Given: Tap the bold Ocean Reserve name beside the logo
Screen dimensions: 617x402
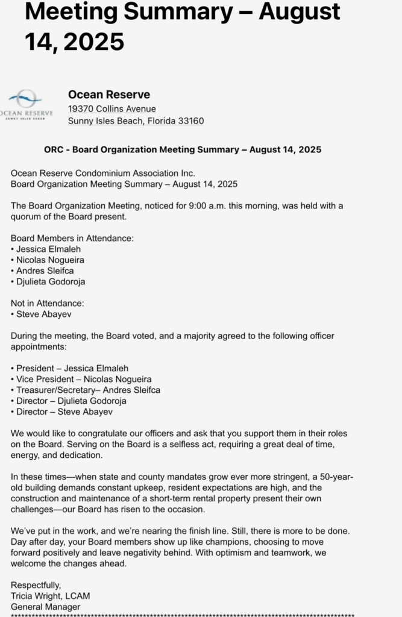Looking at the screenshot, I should pos(109,94).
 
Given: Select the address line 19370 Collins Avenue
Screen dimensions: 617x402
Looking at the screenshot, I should pos(112,109).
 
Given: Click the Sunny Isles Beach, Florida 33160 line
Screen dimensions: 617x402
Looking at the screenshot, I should pos(136,121).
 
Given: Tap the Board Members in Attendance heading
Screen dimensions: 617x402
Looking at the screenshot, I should pos(72,238).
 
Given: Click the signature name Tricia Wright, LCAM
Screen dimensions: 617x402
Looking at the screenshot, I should pos(51,596).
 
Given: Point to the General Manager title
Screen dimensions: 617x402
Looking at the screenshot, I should pos(45,607).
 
